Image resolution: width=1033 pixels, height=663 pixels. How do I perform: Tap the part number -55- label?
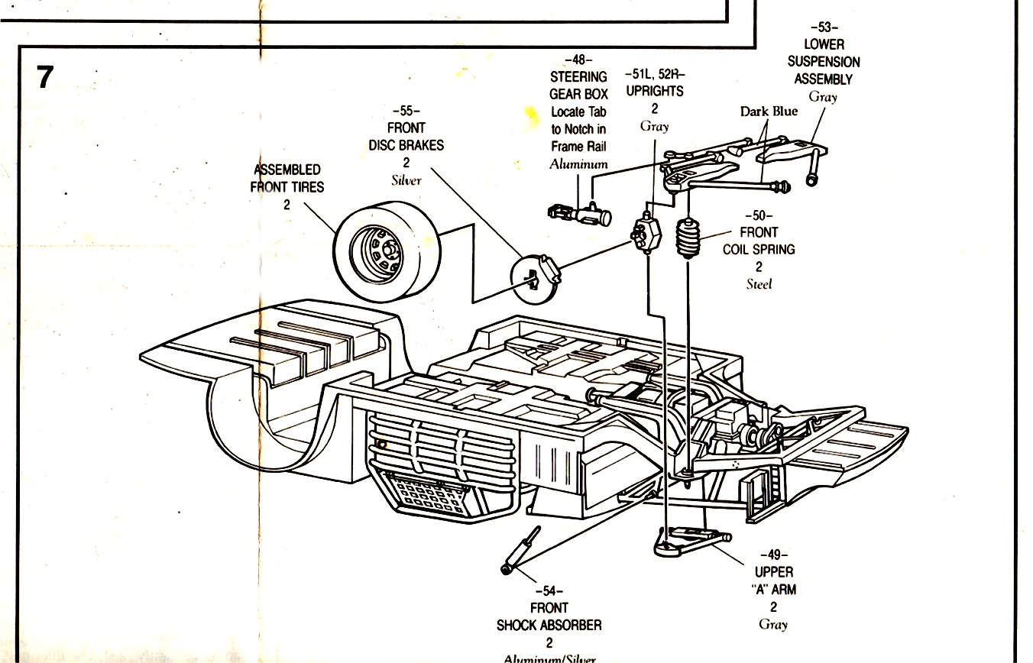406,111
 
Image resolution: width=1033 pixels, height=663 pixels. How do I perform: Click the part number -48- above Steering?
578,60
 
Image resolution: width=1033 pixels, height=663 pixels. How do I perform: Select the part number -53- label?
824,27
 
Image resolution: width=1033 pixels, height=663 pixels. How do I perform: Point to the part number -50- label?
759,215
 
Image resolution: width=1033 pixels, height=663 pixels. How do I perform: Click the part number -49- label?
773,555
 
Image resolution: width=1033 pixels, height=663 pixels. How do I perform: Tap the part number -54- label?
549,590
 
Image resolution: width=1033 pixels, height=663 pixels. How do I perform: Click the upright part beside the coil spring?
647,233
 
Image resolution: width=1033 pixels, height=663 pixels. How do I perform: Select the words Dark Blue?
769,112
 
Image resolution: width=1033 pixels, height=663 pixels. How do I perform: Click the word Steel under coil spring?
759,284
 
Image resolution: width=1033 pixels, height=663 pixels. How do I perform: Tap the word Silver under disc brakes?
406,180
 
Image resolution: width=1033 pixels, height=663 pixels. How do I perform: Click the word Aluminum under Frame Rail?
578,164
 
